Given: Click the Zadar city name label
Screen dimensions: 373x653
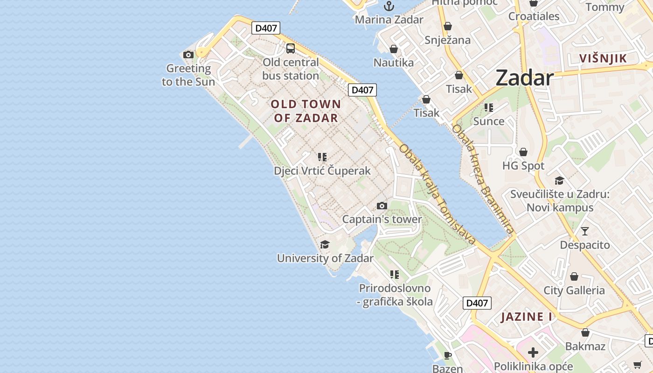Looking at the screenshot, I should [524, 77].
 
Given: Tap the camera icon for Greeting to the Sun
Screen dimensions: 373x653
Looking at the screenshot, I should [188, 55].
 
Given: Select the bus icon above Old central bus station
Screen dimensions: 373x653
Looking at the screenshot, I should [291, 48].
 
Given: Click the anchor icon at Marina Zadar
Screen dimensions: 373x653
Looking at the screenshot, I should [389, 6].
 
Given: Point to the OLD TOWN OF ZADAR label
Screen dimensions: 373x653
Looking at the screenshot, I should [306, 111].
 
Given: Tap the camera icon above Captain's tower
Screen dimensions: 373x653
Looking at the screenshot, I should [382, 206].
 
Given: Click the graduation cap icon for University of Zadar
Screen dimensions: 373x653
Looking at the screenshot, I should [325, 245].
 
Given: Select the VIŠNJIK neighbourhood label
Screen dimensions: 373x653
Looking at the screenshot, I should [603, 58].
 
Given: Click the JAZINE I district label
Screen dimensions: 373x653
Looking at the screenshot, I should [527, 317].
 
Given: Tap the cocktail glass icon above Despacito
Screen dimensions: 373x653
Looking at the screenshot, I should [585, 231].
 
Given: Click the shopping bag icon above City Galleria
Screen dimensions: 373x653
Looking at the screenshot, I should [574, 277].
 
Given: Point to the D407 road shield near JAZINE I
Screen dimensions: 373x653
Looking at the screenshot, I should [477, 303].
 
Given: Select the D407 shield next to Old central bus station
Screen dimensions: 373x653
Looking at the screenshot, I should [266, 28].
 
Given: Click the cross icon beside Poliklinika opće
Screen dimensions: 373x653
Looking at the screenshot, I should [533, 352].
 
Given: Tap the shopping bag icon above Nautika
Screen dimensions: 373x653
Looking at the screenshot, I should [394, 49].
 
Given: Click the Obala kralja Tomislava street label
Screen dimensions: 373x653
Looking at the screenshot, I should [437, 194].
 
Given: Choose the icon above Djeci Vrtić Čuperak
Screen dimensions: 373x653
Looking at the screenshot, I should [322, 157].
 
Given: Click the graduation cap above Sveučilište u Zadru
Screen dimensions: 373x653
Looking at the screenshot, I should [559, 180].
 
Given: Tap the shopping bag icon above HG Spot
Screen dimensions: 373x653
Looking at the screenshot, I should [523, 152].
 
